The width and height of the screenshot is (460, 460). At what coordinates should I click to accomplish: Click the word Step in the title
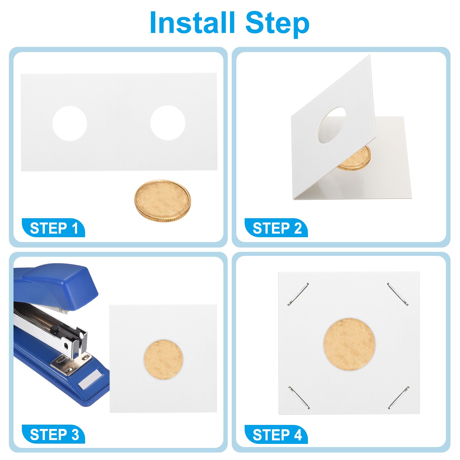pyautogui.click(x=277, y=24)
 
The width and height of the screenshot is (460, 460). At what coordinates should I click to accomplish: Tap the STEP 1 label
pyautogui.click(x=54, y=228)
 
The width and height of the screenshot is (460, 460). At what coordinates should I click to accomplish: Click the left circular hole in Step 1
pyautogui.click(x=70, y=123)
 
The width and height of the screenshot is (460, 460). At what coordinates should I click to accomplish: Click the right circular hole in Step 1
pyautogui.click(x=168, y=123)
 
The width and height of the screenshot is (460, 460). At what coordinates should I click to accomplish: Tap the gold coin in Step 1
pyautogui.click(x=162, y=201)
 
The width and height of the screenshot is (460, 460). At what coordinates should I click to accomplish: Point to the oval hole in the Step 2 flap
pyautogui.click(x=331, y=125)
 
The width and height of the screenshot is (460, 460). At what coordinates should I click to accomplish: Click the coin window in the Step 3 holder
pyautogui.click(x=163, y=359)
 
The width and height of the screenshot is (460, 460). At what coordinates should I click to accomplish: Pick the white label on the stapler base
pyautogui.click(x=90, y=379)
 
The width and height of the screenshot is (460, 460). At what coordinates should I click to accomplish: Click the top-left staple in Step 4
pyautogui.click(x=298, y=294)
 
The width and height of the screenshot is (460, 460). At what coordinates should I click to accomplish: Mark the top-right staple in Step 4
pyautogui.click(x=398, y=294)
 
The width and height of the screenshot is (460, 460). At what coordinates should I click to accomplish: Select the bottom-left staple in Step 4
pyautogui.click(x=299, y=398)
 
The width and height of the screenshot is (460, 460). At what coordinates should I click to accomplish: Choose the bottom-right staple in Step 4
pyautogui.click(x=399, y=398)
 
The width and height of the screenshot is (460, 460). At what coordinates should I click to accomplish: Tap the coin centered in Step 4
pyautogui.click(x=349, y=344)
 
